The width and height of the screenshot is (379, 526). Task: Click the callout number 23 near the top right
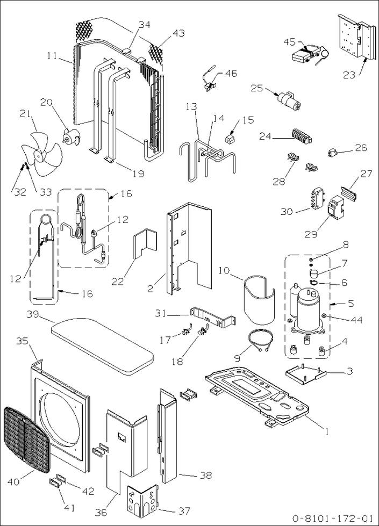349,75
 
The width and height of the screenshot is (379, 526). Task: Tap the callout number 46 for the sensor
230,73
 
